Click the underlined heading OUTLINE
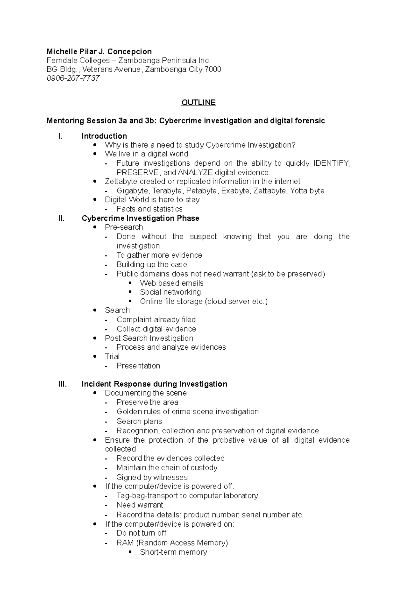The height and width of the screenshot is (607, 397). pyautogui.click(x=198, y=103)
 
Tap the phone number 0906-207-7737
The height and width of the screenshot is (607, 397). pyautogui.click(x=73, y=78)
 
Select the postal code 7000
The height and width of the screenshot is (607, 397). pyautogui.click(x=213, y=69)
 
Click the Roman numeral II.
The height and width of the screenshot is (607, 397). pyautogui.click(x=61, y=218)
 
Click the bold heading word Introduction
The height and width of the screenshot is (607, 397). pyautogui.click(x=104, y=136)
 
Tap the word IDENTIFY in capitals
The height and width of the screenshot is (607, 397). pyautogui.click(x=331, y=163)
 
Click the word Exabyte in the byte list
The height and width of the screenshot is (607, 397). pyautogui.click(x=235, y=191)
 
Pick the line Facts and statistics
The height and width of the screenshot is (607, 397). pyautogui.click(x=149, y=209)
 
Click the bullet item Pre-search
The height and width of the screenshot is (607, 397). pyautogui.click(x=124, y=227)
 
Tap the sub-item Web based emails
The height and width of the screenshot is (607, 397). pyautogui.click(x=171, y=283)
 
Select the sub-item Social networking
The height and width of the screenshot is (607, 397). pyautogui.click(x=170, y=292)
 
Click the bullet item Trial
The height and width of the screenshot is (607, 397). pyautogui.click(x=112, y=357)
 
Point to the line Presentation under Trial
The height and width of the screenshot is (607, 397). pyautogui.click(x=138, y=366)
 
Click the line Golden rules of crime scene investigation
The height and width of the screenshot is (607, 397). pyautogui.click(x=187, y=412)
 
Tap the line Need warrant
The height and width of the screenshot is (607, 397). pyautogui.click(x=140, y=505)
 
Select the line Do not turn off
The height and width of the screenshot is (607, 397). pyautogui.click(x=141, y=533)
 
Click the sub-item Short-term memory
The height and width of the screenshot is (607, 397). pyautogui.click(x=173, y=552)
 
